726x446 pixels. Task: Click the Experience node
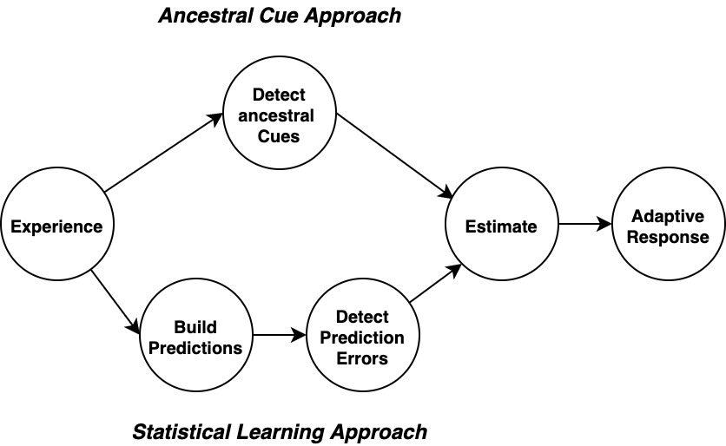57,224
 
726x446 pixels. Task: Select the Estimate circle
502,224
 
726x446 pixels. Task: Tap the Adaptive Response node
669,224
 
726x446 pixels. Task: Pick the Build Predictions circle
196,335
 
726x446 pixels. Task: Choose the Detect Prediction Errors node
363,335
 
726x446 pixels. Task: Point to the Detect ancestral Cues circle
279,113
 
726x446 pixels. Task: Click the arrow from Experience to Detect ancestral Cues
164,153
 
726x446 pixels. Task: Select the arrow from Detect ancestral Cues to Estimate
394,155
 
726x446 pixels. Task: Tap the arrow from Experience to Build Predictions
115,301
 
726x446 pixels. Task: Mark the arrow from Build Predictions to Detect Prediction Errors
280,335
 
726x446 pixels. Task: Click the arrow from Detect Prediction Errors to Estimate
436,283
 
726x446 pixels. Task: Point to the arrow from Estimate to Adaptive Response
585,224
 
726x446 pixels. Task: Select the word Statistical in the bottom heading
181,432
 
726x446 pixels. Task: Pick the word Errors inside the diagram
362,358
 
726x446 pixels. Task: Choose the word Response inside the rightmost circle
668,238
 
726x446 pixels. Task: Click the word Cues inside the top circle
279,136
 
